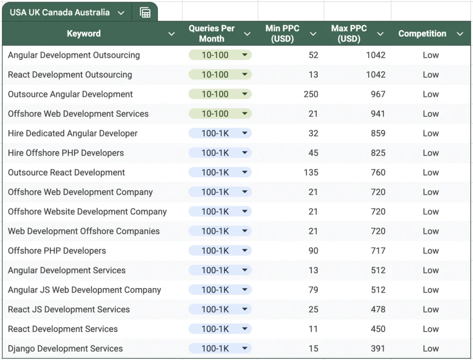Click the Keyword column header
click(84, 34)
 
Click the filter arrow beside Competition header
click(460, 34)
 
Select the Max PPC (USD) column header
click(349, 34)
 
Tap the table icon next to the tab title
click(145, 13)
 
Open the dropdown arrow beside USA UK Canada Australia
click(121, 13)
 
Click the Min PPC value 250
click(311, 94)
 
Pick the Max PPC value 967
click(378, 94)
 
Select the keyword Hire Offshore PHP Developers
click(66, 153)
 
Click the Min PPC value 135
click(311, 173)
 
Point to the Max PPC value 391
click(378, 348)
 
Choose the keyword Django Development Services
click(65, 348)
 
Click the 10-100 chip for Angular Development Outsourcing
click(219, 55)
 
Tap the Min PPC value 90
click(313, 251)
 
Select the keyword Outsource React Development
click(66, 173)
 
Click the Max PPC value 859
click(378, 133)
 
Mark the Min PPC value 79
click(313, 290)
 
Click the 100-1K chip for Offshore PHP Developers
click(219, 251)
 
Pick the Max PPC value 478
click(378, 309)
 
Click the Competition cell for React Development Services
click(431, 329)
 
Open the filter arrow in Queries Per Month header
click(247, 34)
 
